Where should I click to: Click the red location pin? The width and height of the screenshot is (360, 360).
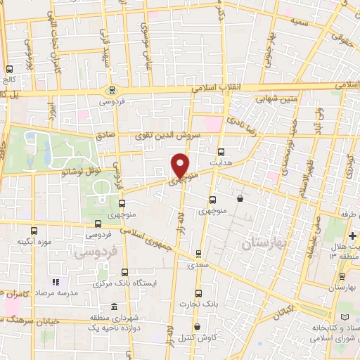pyautogui.click(x=181, y=166)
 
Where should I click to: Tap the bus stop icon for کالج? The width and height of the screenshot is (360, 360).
pyautogui.click(x=9, y=70)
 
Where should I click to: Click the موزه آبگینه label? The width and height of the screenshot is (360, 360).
pyautogui.click(x=34, y=241)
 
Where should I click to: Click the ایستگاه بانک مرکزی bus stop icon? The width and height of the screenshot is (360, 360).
pyautogui.click(x=125, y=272)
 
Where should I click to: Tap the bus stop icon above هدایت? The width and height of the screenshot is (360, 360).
pyautogui.click(x=221, y=152)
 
